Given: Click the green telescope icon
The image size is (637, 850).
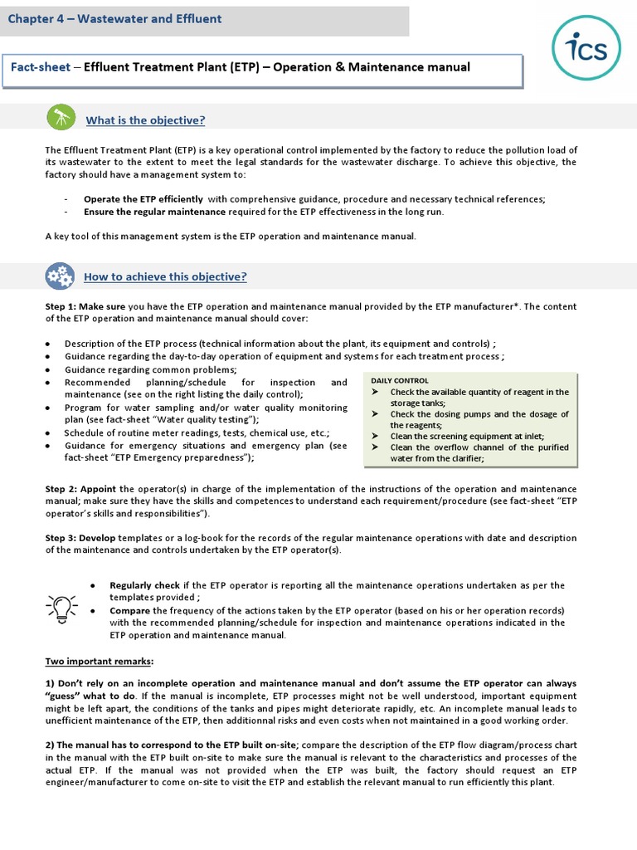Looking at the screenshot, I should (61, 119).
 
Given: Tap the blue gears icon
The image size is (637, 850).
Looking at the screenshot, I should (59, 276).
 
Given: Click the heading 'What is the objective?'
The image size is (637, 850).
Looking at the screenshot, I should (145, 120).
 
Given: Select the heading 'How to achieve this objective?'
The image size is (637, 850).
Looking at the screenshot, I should (165, 276).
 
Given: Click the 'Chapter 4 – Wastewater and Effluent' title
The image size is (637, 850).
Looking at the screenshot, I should (115, 18).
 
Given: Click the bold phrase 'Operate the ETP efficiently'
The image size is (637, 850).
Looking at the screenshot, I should (143, 199).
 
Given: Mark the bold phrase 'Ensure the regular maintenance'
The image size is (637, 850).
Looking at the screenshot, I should (154, 212).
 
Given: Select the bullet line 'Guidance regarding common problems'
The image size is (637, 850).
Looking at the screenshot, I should (150, 369).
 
